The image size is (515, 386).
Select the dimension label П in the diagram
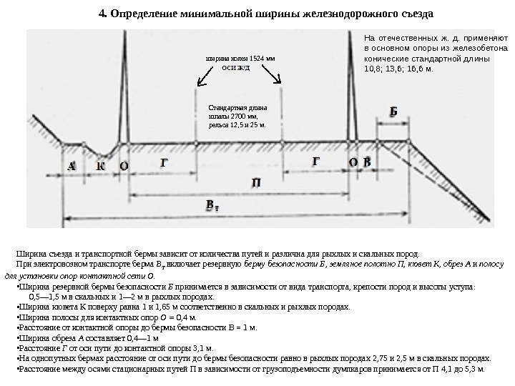tap(256, 184)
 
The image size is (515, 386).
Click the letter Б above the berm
tap(393, 112)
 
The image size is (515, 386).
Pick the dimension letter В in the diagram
tap(368, 162)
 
